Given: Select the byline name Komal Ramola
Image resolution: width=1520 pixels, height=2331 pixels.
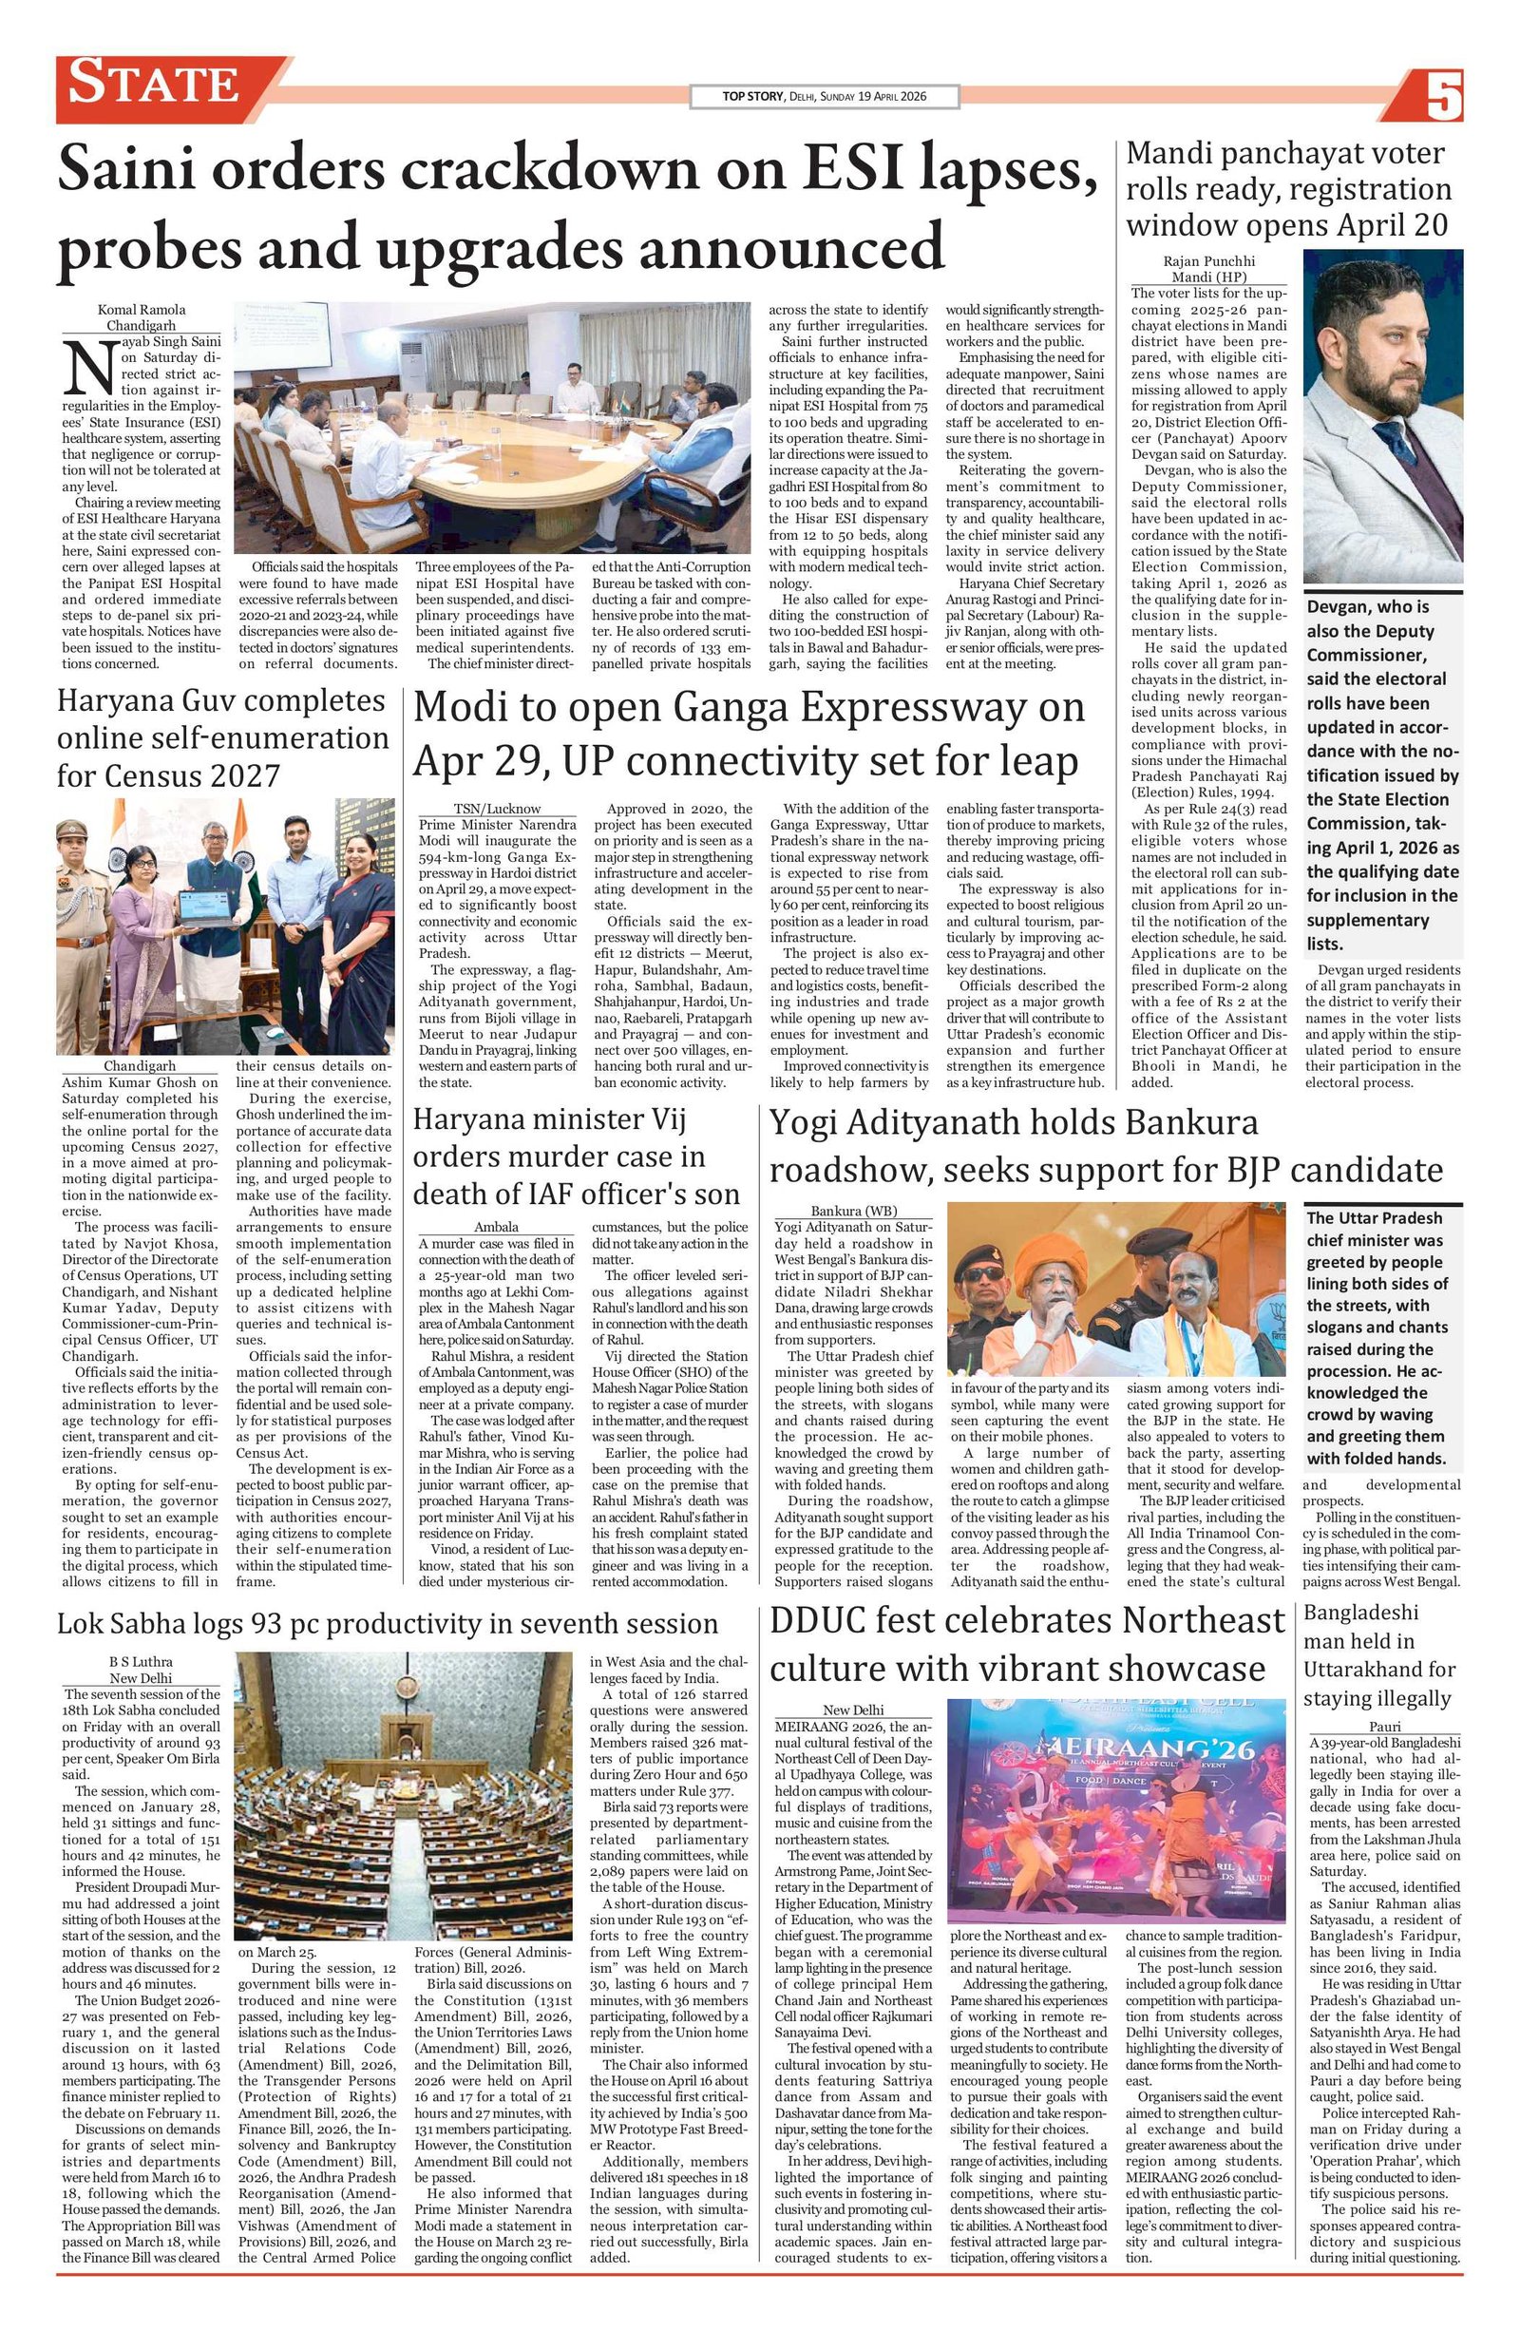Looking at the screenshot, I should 141,310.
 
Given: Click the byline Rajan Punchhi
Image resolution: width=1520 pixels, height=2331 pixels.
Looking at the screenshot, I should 1208,260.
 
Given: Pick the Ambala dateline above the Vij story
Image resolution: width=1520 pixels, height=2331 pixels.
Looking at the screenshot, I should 497,1227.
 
